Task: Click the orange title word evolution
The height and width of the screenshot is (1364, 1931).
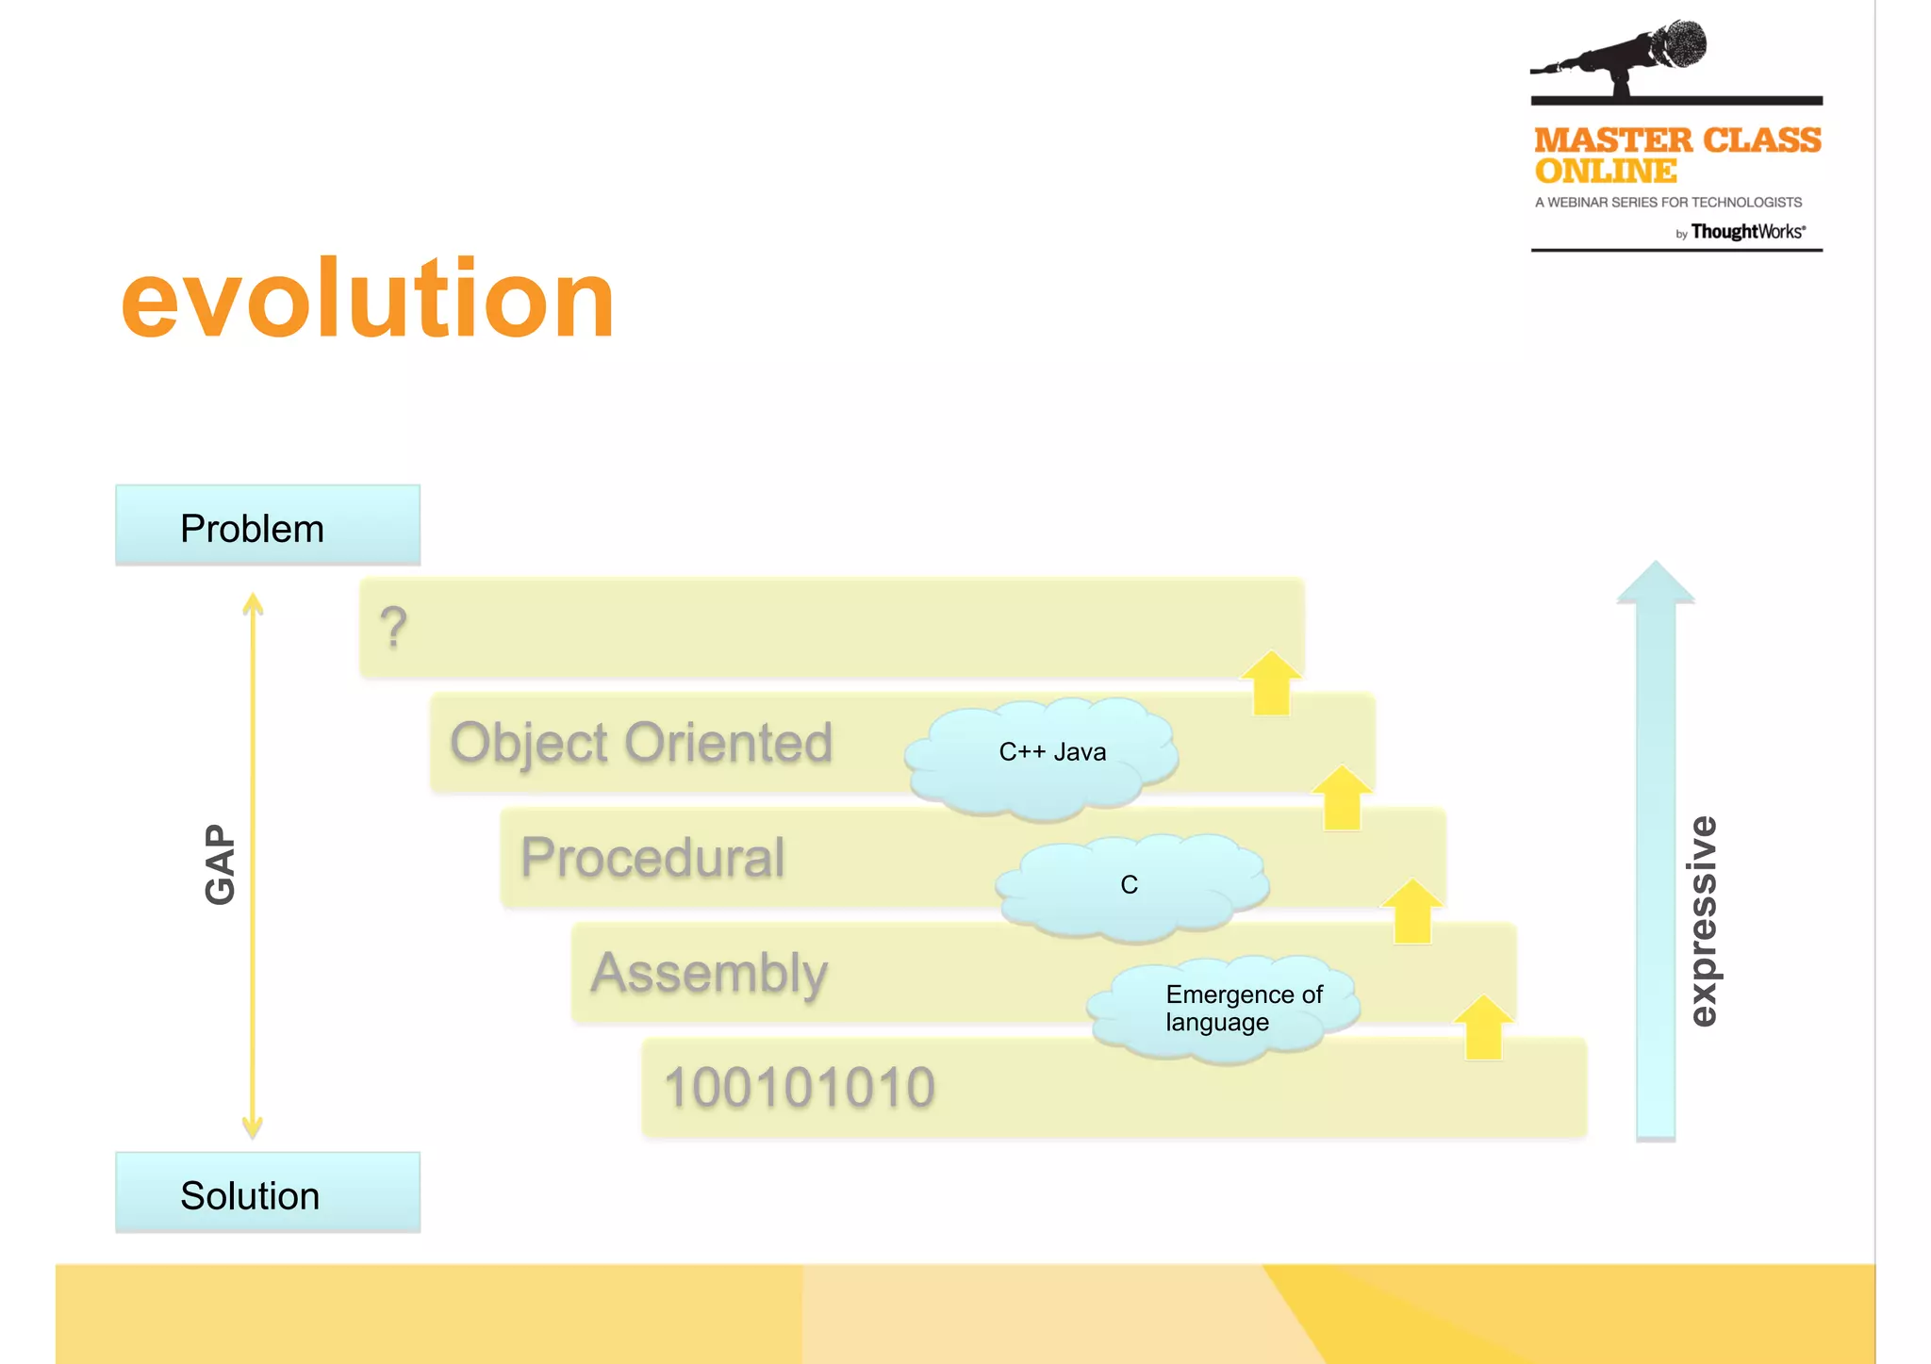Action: [x=368, y=300]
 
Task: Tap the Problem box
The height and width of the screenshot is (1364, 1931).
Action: [x=267, y=526]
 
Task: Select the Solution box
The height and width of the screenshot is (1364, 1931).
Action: [x=267, y=1193]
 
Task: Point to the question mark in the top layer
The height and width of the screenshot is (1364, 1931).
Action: [x=393, y=628]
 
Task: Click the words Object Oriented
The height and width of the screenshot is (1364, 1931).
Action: [x=641, y=743]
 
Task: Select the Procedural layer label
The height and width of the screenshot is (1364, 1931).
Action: [x=652, y=858]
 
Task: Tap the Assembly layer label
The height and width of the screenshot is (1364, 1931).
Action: [x=709, y=973]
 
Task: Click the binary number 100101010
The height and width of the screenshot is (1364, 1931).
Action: [x=799, y=1087]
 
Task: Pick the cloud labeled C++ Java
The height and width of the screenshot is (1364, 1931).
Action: [x=1047, y=754]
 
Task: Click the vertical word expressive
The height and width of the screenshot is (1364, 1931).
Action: [x=1702, y=920]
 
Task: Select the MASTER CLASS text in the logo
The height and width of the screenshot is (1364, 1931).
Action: [x=1676, y=140]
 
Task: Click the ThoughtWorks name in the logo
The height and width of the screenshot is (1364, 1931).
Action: [x=1746, y=232]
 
